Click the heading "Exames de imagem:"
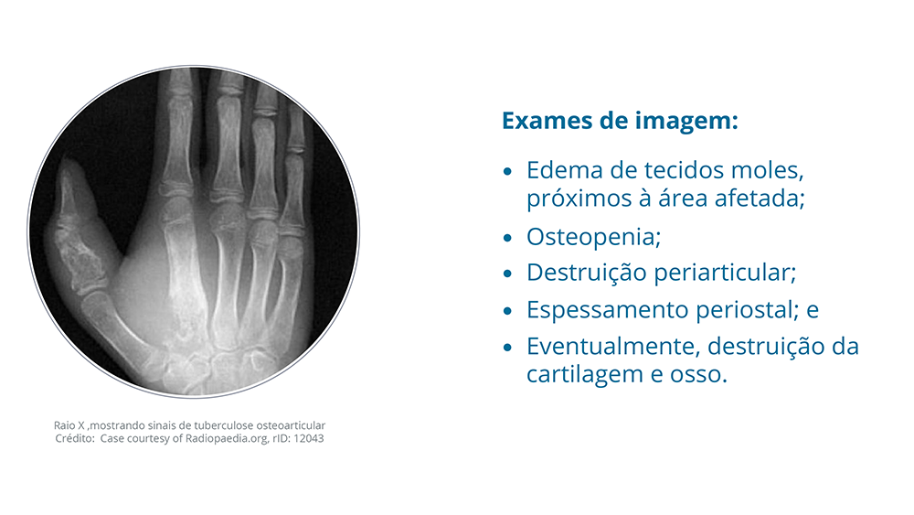click(620, 121)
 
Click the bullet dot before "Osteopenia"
click(507, 238)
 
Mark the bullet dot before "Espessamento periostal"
click(507, 311)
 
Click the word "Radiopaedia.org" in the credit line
click(228, 438)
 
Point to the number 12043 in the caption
click(308, 438)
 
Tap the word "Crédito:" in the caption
click(75, 438)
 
